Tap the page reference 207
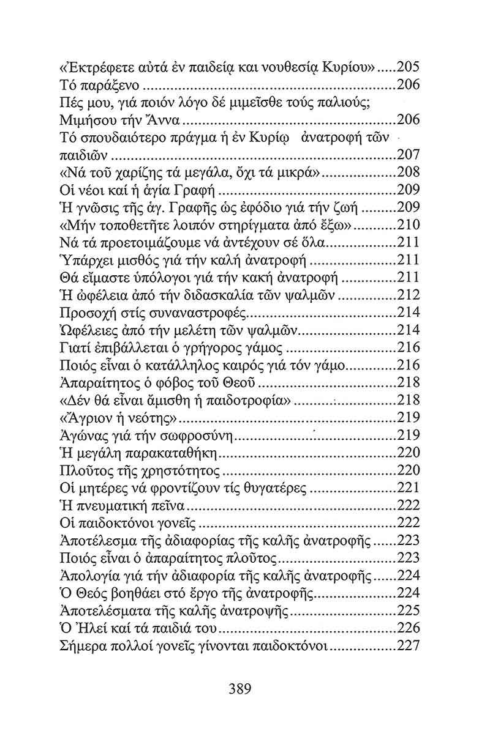(409, 153)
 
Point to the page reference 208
(409, 171)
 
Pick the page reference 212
(409, 295)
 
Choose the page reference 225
(409, 610)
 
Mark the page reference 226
(409, 628)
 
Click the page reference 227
(409, 645)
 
